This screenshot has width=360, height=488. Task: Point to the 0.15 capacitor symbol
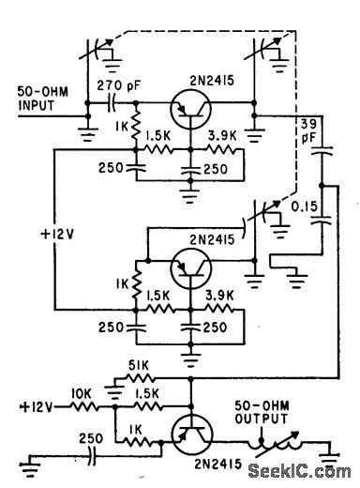(323, 219)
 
